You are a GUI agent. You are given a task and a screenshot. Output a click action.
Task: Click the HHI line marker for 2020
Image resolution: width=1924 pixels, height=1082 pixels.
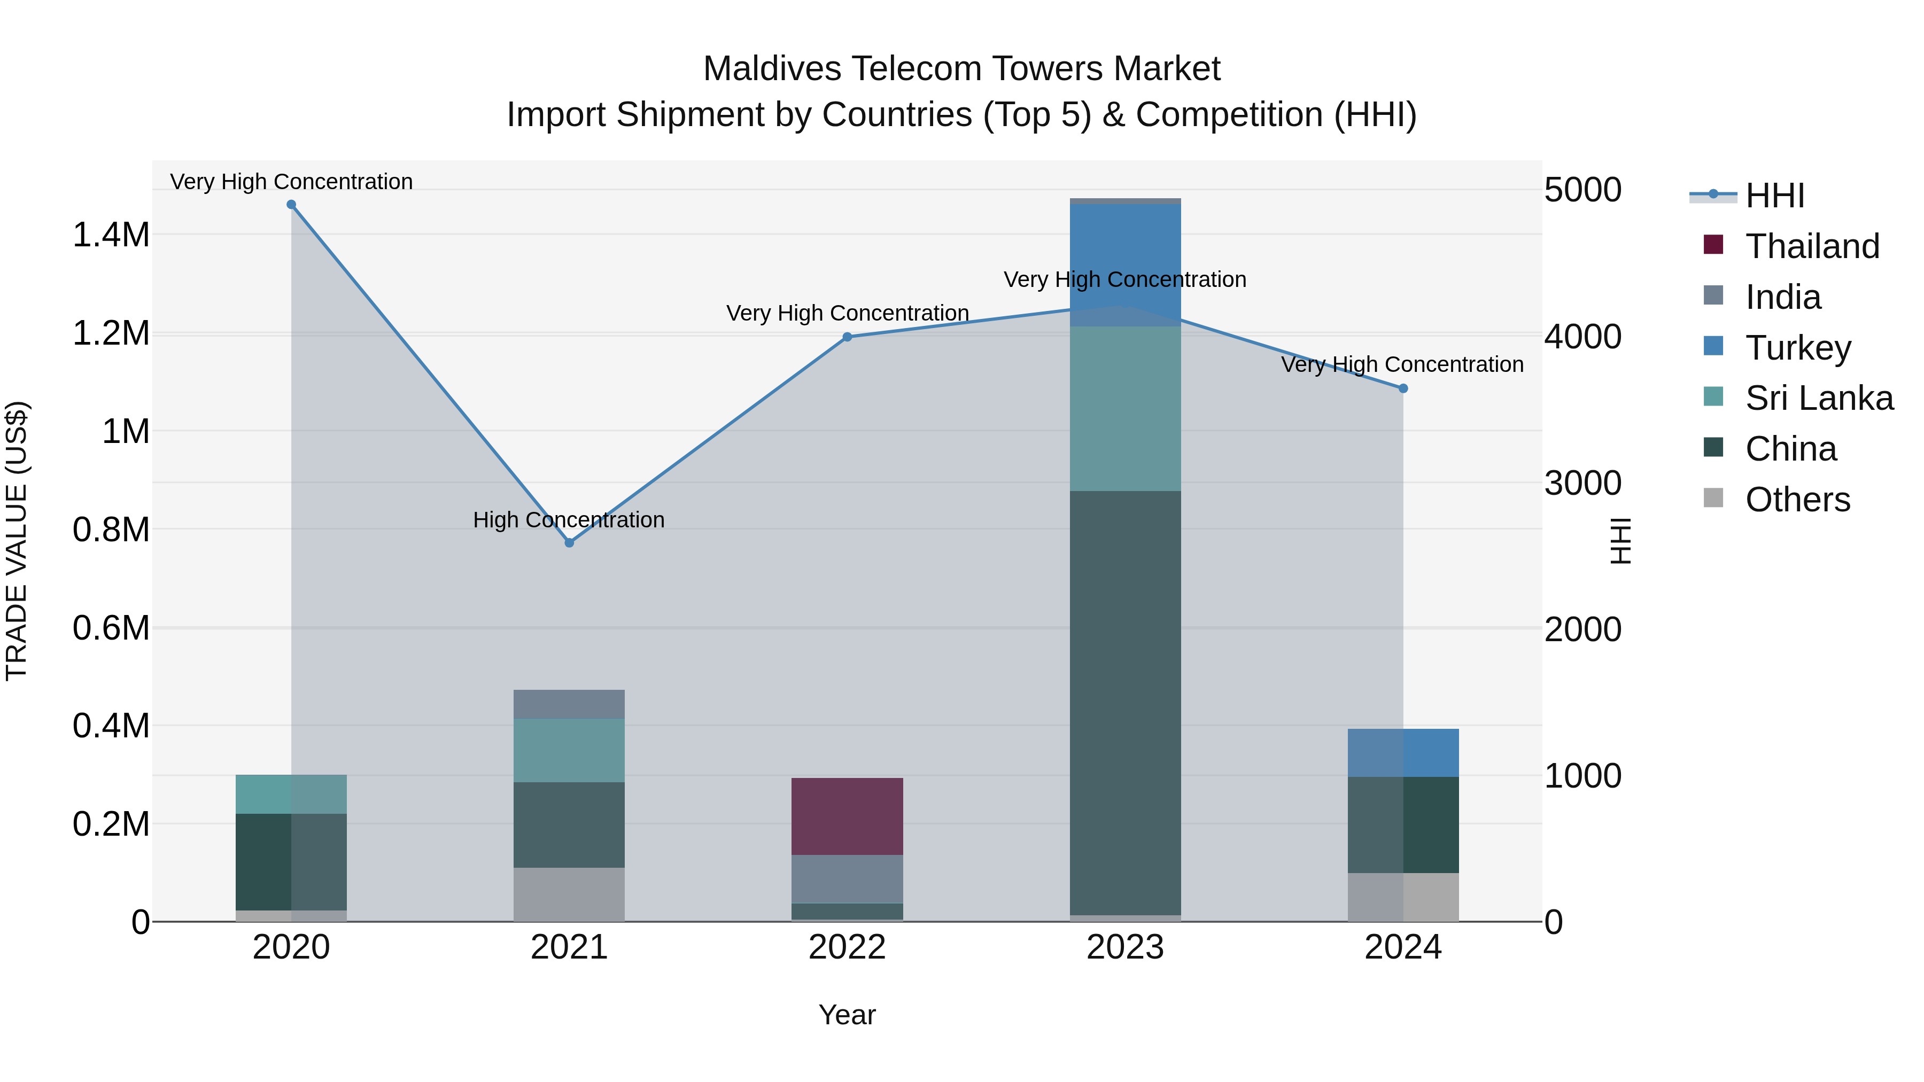pos(291,205)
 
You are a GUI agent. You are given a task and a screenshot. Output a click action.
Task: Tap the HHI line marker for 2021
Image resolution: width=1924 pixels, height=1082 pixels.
pos(569,543)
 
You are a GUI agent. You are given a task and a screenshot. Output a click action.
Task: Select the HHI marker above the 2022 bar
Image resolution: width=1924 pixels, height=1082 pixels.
pos(847,337)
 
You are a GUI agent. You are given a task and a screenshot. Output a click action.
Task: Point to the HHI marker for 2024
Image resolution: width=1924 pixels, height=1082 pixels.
pos(1403,388)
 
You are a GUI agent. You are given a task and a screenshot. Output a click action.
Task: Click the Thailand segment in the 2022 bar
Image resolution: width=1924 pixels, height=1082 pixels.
pos(847,816)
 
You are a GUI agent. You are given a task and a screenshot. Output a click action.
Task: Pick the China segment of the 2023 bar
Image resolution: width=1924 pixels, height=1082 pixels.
pos(1125,702)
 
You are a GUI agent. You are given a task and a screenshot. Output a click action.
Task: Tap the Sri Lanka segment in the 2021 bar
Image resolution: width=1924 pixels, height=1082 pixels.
pos(569,751)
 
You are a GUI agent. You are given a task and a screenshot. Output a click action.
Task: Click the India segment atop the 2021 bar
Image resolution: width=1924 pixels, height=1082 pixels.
pos(569,704)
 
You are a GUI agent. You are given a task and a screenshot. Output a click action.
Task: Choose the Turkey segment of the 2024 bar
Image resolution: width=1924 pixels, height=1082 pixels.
pos(1403,753)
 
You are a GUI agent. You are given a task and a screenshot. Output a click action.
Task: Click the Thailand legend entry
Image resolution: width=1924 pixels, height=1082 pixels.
pos(1812,246)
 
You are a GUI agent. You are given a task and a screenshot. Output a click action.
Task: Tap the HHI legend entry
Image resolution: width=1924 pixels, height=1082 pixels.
pos(1774,196)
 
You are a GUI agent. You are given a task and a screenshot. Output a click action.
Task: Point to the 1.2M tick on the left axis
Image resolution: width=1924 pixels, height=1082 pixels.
pos(111,333)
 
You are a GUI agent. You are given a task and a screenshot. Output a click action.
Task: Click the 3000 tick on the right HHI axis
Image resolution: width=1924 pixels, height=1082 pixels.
pos(1582,483)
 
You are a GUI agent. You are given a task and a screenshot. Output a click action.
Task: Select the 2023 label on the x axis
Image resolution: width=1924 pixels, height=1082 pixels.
pos(1125,947)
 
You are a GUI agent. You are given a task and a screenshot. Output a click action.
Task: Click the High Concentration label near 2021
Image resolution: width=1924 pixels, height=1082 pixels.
pos(569,520)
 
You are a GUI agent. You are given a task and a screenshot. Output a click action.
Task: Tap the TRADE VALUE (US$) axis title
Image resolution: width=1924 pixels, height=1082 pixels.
pos(17,541)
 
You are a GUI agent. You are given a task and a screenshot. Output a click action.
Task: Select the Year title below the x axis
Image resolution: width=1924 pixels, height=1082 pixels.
pos(847,1015)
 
